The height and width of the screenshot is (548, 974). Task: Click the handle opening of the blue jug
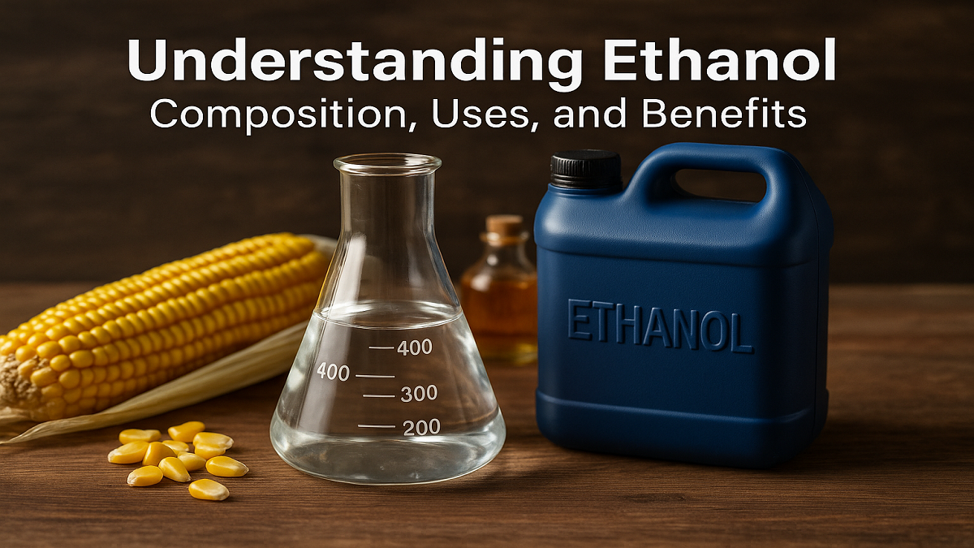720,184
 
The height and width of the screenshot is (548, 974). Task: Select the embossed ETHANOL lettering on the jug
659,325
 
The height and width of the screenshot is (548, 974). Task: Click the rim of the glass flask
387,164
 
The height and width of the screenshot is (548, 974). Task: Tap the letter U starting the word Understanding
148,63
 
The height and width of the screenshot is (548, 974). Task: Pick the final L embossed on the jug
740,333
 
